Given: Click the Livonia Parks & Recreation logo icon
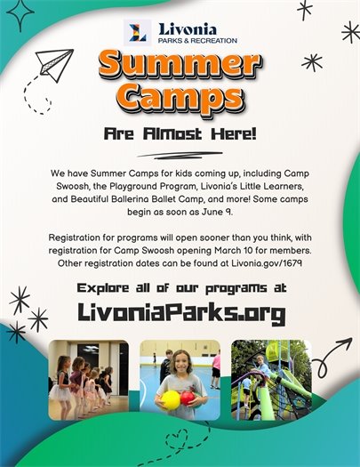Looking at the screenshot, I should [x=139, y=34].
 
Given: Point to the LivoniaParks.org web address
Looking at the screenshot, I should [x=180, y=313].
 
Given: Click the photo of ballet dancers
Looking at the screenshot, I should [x=88, y=380].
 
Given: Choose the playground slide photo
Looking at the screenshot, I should [x=271, y=380].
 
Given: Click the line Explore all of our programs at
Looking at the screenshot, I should [x=180, y=288].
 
